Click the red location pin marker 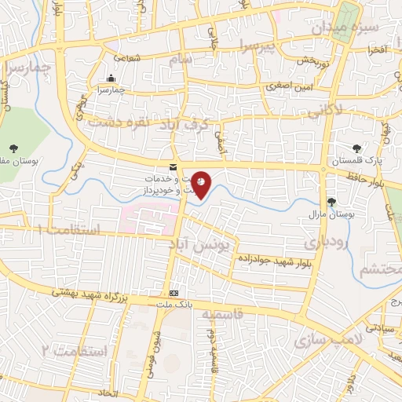coord(202,185)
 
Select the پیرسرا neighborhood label coord(259,48)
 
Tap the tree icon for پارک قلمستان coord(358,146)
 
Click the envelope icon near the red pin coord(173,166)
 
